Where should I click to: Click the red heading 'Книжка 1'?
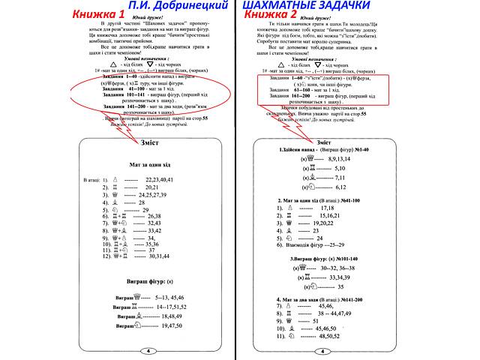(36, 14)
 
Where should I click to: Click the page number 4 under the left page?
(148, 350)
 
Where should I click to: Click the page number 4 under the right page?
(325, 350)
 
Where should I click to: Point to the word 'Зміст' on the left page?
(149, 142)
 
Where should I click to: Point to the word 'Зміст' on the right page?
(325, 142)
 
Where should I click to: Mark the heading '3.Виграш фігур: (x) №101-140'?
(325, 259)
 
